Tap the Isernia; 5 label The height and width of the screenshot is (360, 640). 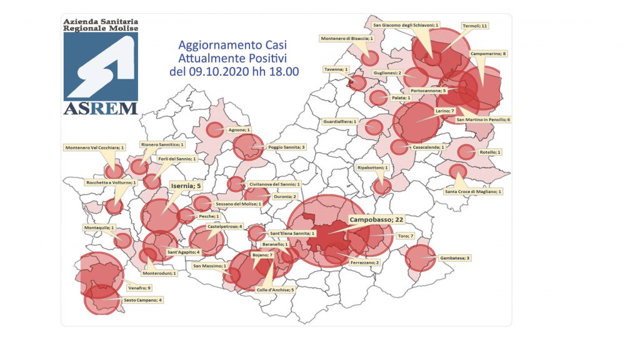coord(187,185)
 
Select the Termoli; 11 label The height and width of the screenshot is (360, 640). coord(474,26)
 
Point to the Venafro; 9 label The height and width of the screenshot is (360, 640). coord(139,288)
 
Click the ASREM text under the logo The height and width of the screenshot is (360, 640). coord(101,108)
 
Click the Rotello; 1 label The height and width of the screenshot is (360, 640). coord(491,152)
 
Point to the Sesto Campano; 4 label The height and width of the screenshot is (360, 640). coord(143,301)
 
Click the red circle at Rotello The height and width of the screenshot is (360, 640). coord(466,152)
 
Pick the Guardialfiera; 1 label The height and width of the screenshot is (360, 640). coord(340,121)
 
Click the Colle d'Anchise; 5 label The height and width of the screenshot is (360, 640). coord(275,289)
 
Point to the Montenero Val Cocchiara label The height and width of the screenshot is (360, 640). coord(95,148)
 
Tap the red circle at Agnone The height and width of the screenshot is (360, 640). coord(214,130)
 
